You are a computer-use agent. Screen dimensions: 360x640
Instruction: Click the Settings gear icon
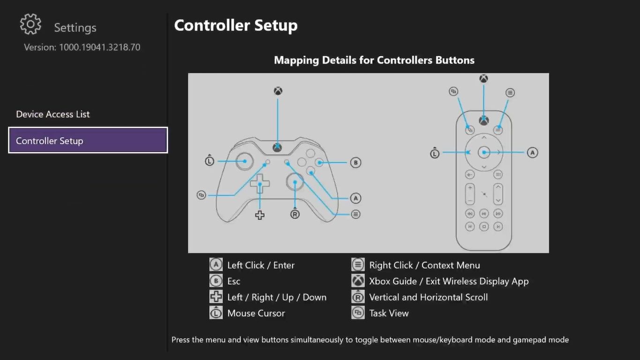coord(31,24)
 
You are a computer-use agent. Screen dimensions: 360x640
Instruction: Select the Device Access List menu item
coord(53,114)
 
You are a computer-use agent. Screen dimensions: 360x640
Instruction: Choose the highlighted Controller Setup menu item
coord(88,141)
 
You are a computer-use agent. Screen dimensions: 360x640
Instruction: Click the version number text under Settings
coord(82,47)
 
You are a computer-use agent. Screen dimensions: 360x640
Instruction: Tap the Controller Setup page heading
coord(236,25)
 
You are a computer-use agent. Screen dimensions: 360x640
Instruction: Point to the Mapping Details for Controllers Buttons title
coord(374,60)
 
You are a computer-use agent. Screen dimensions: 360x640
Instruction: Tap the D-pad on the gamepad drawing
coord(260,183)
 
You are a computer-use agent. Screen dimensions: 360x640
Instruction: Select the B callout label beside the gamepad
coord(356,163)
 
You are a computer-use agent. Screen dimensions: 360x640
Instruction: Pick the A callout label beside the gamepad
coord(356,198)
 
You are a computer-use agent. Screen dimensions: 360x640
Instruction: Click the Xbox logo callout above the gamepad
coord(278,91)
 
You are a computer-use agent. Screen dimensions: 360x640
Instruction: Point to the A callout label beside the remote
coord(532,152)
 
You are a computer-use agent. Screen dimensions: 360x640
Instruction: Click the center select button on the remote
coord(484,152)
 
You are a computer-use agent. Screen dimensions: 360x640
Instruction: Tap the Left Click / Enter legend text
coord(261,265)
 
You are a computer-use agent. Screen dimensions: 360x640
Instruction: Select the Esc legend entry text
coord(234,281)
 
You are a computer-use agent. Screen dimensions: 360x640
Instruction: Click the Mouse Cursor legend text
coord(256,313)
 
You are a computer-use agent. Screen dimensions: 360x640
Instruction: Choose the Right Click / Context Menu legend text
coord(424,265)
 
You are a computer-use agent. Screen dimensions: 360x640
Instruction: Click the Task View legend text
coord(389,313)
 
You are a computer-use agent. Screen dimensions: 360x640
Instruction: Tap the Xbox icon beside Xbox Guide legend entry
coord(358,281)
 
